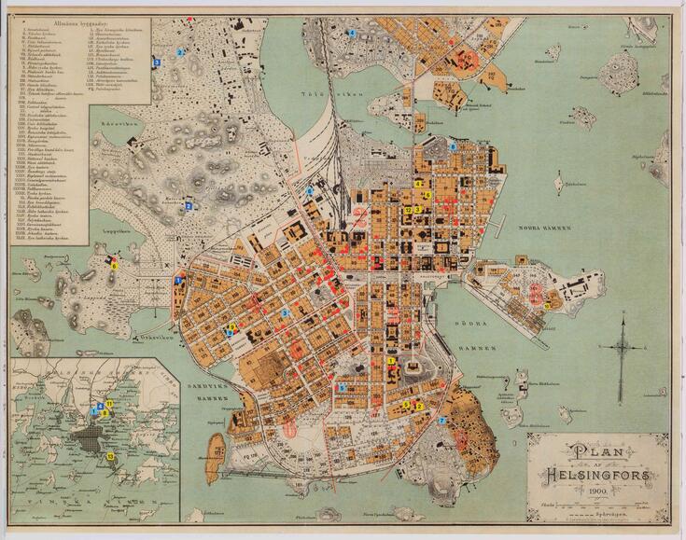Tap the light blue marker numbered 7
coord(441,421)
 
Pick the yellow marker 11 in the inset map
coord(109,403)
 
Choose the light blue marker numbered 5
coord(343,387)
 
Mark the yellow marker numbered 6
coord(115,266)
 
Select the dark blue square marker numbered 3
coord(157,62)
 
